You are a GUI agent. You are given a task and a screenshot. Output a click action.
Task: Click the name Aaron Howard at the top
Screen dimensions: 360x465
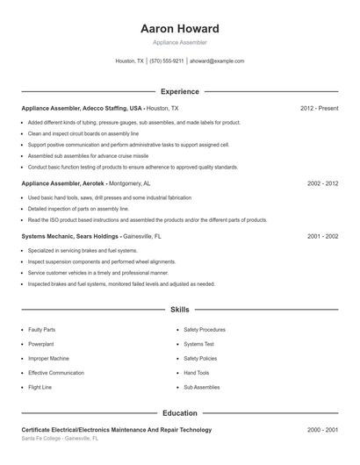click(179, 29)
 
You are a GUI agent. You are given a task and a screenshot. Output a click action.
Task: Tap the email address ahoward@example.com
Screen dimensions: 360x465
click(216, 61)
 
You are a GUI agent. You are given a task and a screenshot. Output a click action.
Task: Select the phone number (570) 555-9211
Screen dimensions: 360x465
click(167, 61)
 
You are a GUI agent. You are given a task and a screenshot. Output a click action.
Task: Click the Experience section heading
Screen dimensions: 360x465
click(179, 91)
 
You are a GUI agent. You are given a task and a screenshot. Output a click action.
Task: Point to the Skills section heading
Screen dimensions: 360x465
click(179, 310)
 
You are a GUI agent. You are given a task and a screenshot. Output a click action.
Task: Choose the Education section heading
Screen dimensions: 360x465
click(179, 412)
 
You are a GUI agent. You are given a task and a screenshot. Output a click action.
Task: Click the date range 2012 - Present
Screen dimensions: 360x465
click(319, 108)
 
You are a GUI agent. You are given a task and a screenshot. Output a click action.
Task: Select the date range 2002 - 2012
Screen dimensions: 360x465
click(322, 184)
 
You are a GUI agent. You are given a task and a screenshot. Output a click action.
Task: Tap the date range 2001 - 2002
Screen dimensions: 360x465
click(322, 236)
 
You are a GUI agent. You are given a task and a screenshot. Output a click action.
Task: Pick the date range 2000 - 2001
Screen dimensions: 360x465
click(322, 430)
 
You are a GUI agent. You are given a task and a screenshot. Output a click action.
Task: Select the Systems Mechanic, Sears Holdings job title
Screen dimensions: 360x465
click(90, 236)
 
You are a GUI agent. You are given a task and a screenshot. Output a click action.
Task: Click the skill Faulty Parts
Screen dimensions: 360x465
click(41, 330)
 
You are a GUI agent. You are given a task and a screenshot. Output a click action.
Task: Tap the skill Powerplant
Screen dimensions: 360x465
click(40, 344)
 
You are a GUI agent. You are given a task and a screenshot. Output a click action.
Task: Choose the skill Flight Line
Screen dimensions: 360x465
click(40, 386)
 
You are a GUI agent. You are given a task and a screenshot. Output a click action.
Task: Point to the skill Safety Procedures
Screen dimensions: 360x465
click(205, 330)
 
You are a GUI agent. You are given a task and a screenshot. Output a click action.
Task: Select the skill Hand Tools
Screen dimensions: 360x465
click(196, 372)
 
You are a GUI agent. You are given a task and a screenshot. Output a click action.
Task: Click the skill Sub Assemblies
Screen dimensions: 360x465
click(200, 386)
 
